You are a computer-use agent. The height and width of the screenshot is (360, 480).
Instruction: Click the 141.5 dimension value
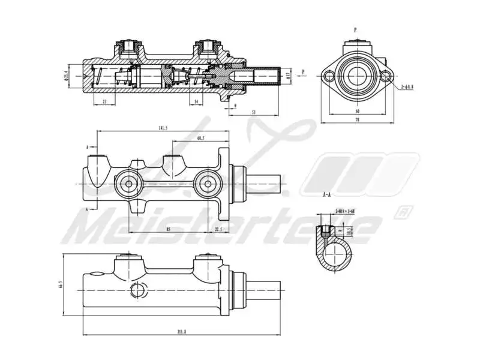[x=162, y=128]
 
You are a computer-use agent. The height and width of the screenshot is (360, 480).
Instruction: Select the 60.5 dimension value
[x=200, y=138]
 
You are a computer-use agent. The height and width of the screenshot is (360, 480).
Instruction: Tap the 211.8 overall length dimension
[x=182, y=331]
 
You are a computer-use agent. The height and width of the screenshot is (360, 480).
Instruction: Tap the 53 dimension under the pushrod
[x=254, y=112]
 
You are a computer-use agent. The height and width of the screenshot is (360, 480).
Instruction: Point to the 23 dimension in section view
[x=104, y=102]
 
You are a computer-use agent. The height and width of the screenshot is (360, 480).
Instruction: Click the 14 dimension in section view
[x=196, y=102]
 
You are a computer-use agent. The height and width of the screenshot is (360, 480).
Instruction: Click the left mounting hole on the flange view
[x=327, y=76]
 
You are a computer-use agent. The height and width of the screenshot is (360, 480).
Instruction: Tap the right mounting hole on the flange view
[x=386, y=76]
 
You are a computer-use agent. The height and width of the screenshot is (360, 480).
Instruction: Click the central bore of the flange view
[x=356, y=76]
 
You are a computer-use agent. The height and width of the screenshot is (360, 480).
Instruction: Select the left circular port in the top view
[x=128, y=184]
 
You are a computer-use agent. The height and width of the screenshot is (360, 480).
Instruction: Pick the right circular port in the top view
[x=208, y=184]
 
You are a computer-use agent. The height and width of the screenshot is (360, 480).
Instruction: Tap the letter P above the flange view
[x=355, y=29]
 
